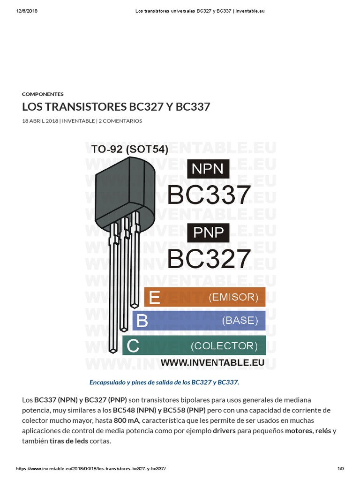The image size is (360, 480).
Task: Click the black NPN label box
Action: (x=208, y=169)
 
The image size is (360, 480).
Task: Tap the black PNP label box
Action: (x=208, y=232)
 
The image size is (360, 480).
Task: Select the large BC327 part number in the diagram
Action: (x=209, y=258)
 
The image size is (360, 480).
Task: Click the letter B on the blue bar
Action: (x=142, y=321)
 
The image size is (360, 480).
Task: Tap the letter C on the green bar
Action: (x=133, y=346)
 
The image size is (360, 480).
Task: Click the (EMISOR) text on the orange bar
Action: (x=233, y=297)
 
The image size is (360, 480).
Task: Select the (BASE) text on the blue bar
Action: (x=240, y=321)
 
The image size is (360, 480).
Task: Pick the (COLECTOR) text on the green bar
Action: (x=224, y=346)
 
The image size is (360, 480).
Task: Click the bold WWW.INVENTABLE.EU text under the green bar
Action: (x=213, y=362)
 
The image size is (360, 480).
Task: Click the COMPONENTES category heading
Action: (x=43, y=94)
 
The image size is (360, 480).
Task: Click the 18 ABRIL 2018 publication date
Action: (x=40, y=121)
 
